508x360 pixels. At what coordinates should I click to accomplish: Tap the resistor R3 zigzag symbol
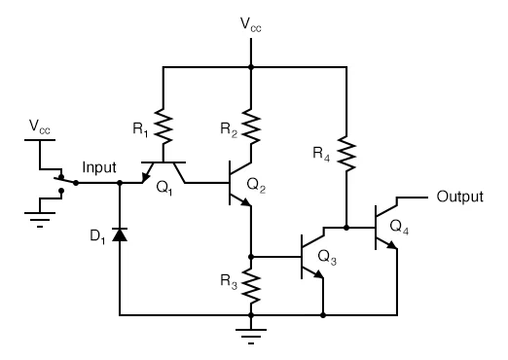point(251,283)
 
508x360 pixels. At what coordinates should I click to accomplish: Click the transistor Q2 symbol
point(239,183)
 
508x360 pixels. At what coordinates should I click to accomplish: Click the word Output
point(459,197)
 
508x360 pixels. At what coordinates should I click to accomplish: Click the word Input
point(100,168)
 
